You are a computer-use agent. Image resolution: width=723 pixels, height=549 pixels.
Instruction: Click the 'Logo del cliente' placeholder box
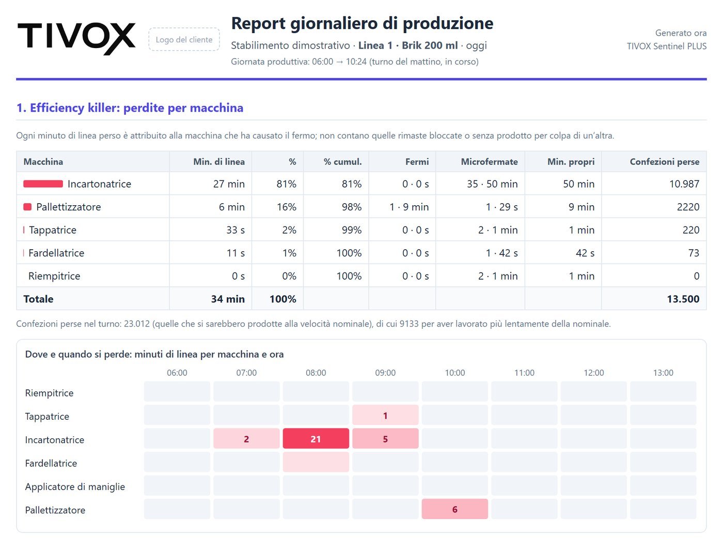point(184,40)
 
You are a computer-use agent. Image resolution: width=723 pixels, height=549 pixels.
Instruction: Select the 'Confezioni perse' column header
point(664,162)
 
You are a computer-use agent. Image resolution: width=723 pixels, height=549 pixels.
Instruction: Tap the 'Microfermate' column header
point(489,162)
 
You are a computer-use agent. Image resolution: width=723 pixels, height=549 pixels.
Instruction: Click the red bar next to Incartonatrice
point(43,184)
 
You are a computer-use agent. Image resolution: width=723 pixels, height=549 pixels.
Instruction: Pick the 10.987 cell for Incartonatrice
point(684,184)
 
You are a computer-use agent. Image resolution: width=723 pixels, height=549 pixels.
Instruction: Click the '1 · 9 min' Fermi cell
point(409,207)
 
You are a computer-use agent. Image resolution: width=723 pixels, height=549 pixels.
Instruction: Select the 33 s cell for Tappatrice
point(235,230)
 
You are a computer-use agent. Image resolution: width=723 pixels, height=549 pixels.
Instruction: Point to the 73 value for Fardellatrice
point(694,253)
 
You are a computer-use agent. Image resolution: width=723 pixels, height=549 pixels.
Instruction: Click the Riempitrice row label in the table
point(54,276)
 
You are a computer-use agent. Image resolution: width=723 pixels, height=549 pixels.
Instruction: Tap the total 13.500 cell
point(683,299)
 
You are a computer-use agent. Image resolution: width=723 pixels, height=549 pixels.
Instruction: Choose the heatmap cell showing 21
point(316,438)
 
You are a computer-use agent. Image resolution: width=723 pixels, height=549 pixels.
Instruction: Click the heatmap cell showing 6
point(455,509)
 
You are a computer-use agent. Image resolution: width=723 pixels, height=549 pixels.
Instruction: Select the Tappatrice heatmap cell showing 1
point(385,415)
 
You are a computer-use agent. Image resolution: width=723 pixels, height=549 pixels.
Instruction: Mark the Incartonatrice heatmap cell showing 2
point(246,438)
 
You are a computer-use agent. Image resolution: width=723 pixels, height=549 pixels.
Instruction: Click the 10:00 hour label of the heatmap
point(455,373)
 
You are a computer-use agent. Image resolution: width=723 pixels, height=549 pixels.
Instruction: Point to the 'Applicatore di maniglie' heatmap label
point(75,486)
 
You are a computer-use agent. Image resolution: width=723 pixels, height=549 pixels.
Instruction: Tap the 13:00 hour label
point(664,373)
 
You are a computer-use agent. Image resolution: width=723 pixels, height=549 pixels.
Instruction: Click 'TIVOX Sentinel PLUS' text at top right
point(667,46)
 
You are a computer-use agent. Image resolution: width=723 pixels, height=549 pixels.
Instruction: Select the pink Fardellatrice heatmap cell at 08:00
point(316,462)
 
